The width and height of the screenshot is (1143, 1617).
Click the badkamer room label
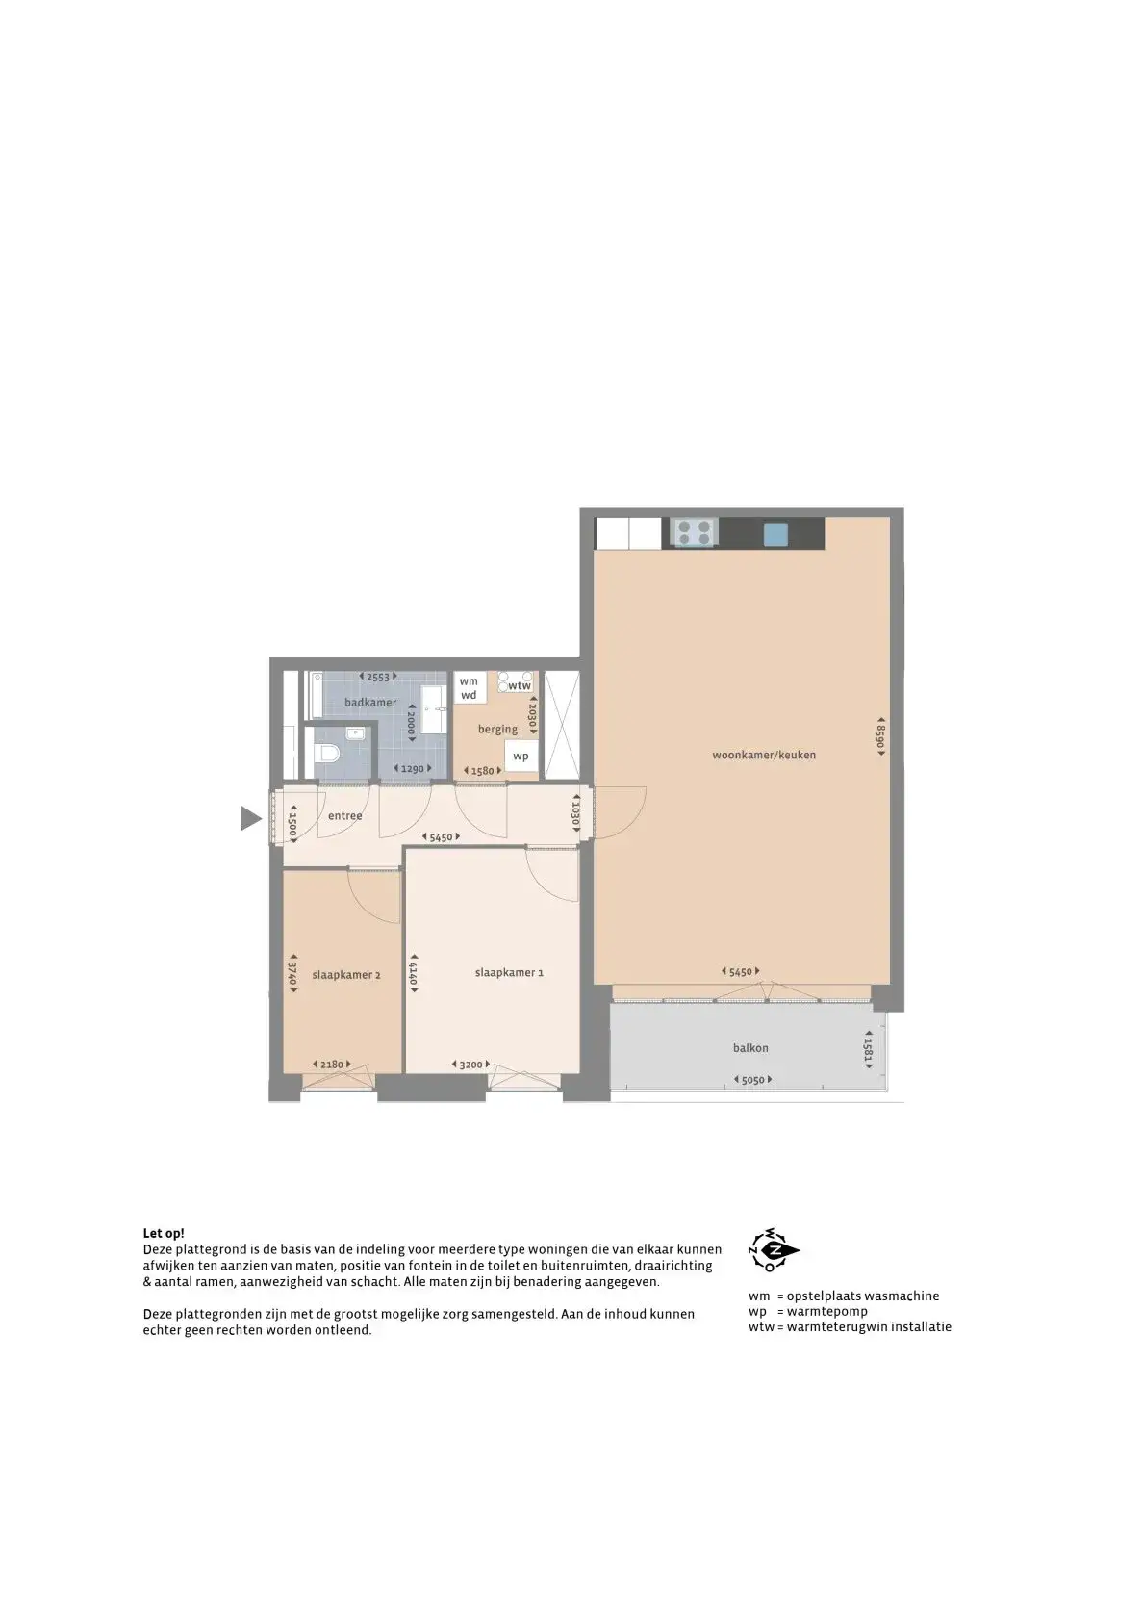tap(370, 702)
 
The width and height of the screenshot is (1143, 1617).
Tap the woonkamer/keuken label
tap(764, 755)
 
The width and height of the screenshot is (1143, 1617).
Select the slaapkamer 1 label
tap(509, 972)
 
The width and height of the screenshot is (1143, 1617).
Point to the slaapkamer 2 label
tap(345, 974)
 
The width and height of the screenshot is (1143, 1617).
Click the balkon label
tap(750, 1047)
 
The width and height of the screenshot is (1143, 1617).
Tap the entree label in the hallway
tap(344, 816)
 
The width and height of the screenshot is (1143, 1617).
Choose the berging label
tap(497, 730)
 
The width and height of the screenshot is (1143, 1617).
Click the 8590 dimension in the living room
tap(880, 736)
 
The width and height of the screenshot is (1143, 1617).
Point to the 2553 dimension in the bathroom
tap(378, 677)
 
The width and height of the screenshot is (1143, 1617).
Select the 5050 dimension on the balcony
tap(752, 1080)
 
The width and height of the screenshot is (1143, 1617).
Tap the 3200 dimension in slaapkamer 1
tap(470, 1065)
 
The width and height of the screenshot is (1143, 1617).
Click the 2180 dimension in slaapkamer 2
tap(332, 1065)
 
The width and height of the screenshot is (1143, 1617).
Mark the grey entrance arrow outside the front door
tap(251, 818)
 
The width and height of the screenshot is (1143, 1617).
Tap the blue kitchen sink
tap(775, 534)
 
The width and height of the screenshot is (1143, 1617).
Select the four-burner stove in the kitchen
tap(694, 533)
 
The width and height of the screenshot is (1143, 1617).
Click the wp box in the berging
tap(521, 756)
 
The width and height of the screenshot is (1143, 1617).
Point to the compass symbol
tap(774, 1250)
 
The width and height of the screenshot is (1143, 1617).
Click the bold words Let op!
tap(164, 1233)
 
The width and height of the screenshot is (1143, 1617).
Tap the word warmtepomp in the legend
tap(827, 1311)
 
